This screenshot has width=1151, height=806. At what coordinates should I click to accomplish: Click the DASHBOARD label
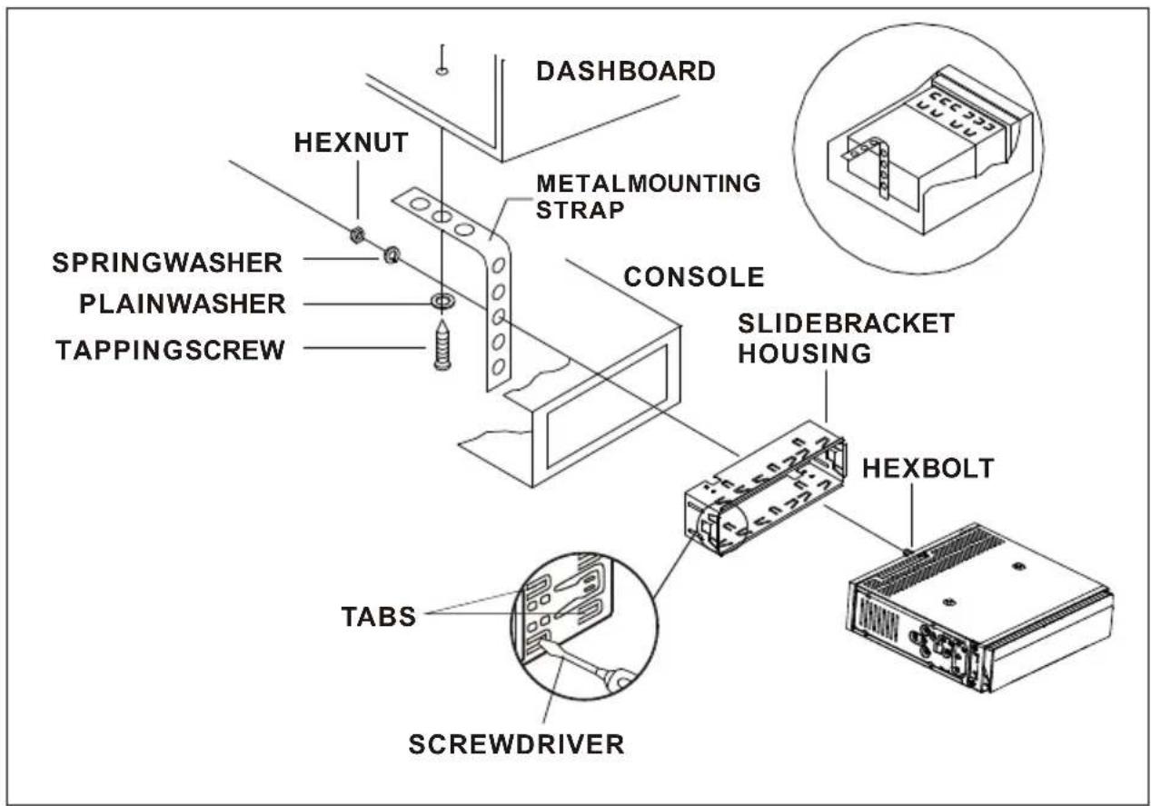click(x=625, y=71)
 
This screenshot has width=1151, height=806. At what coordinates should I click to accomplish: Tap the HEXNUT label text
click(x=351, y=143)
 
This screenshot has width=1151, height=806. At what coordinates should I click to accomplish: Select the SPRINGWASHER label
click(x=167, y=263)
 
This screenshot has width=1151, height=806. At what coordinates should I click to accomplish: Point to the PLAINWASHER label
click(x=183, y=303)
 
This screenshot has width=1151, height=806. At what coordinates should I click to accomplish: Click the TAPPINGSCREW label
click(x=170, y=350)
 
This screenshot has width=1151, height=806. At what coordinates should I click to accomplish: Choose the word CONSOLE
click(x=694, y=277)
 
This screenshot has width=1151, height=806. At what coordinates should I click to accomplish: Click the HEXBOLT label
click(x=928, y=468)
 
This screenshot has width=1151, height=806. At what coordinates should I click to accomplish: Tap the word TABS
click(x=379, y=616)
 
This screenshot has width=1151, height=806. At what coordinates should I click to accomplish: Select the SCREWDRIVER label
click(x=516, y=744)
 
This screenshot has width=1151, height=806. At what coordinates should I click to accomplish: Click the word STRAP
click(x=580, y=210)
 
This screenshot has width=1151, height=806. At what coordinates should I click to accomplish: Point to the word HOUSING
click(x=805, y=353)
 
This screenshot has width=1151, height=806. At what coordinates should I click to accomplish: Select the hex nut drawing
click(x=357, y=234)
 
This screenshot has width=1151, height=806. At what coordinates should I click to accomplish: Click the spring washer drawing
click(x=392, y=254)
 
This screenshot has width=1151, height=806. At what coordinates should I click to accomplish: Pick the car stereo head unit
click(x=979, y=607)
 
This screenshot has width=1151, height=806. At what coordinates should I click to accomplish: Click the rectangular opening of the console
click(x=606, y=406)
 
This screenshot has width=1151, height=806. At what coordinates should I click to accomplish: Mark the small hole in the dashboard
click(x=442, y=70)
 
